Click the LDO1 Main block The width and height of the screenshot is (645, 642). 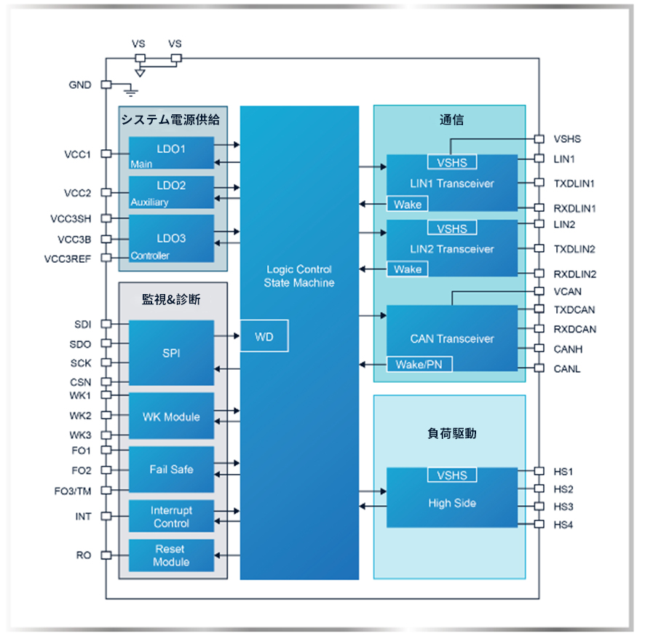click(x=172, y=154)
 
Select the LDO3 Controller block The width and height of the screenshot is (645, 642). click(x=172, y=239)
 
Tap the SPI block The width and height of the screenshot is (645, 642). click(x=172, y=353)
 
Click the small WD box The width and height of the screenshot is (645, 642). click(x=264, y=337)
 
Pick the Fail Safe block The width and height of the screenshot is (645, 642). click(x=172, y=469)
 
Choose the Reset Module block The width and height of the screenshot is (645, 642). click(x=172, y=555)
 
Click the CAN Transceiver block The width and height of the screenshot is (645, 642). click(x=451, y=338)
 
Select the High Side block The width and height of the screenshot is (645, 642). click(x=451, y=502)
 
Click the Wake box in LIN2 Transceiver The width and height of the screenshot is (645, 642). click(x=407, y=269)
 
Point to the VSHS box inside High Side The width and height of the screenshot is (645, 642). click(x=451, y=475)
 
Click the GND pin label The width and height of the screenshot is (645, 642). click(x=80, y=85)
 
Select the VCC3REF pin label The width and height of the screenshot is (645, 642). click(x=68, y=258)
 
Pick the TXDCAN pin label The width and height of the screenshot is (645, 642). click(x=575, y=309)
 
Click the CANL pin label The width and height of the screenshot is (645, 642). click(x=568, y=369)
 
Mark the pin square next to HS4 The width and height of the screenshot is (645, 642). click(x=539, y=524)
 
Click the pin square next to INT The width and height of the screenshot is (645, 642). click(x=106, y=516)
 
